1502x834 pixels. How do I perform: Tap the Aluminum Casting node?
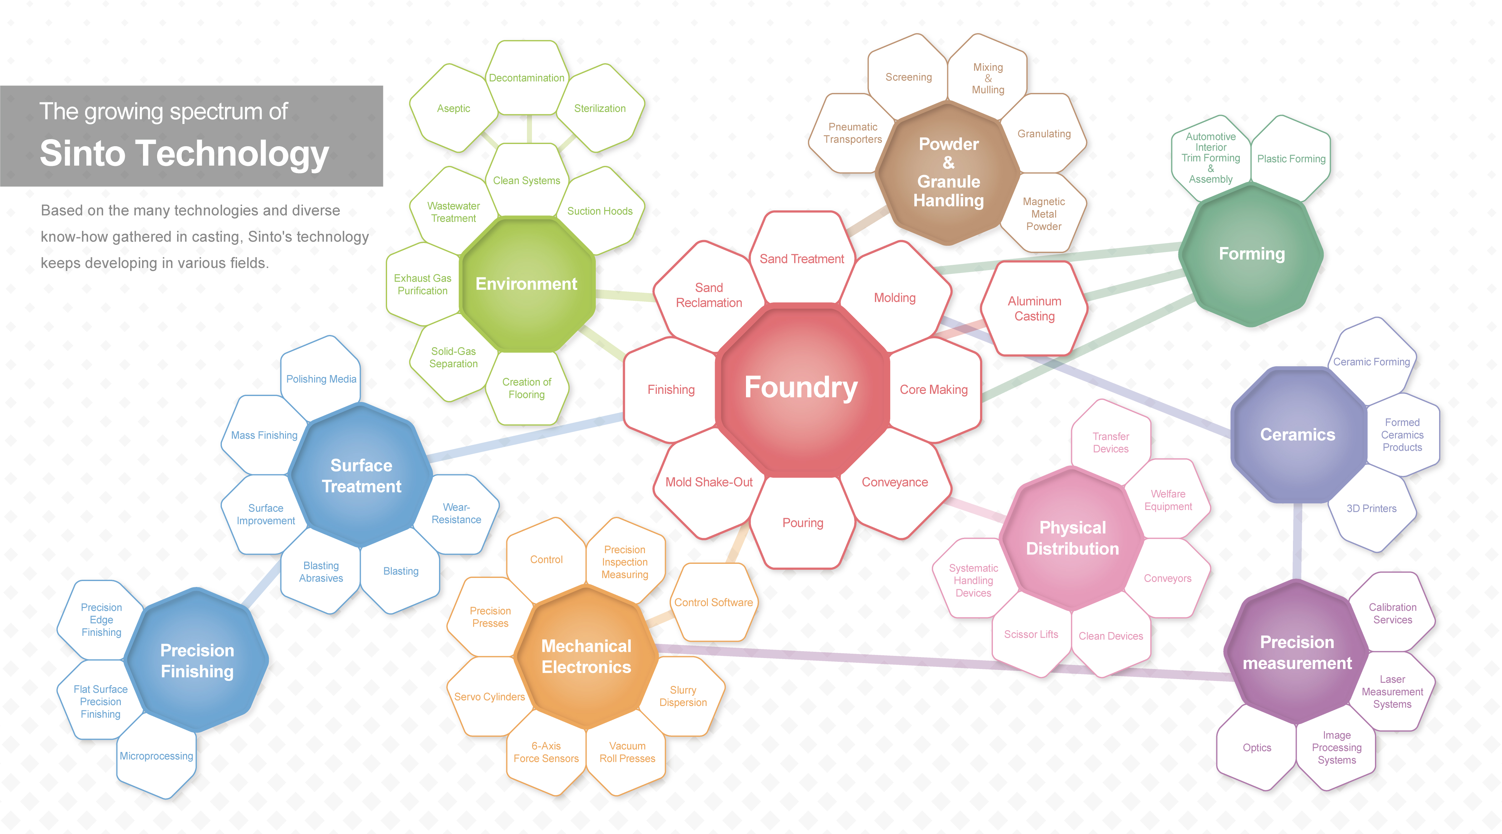[x=1035, y=308]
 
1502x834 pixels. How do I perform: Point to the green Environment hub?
[x=527, y=284]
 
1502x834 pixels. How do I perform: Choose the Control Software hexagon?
[x=713, y=602]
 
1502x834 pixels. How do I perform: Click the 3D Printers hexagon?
[x=1372, y=508]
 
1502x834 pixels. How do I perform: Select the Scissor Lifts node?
[x=1031, y=635]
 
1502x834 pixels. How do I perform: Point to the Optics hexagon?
[x=1257, y=748]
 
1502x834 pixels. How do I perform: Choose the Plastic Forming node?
[x=1291, y=159]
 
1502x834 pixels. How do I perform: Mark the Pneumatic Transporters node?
[x=852, y=133]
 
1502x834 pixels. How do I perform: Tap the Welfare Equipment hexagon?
[x=1168, y=500]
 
